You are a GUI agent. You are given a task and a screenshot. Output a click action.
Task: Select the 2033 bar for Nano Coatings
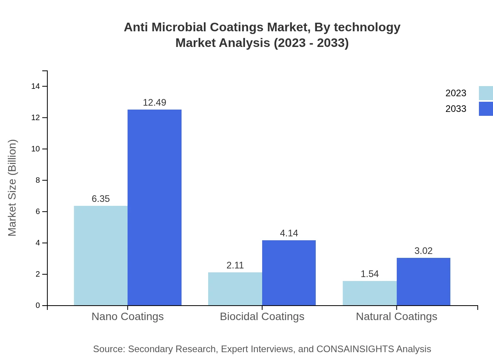[x=155, y=207]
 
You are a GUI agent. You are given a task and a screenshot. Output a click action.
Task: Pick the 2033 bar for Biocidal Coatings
[x=289, y=273]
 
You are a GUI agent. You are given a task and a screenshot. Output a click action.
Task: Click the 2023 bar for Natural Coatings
[x=369, y=293]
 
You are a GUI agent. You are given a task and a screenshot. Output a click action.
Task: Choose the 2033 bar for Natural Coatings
[x=423, y=282]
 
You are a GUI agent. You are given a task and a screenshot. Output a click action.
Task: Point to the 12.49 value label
[x=155, y=103]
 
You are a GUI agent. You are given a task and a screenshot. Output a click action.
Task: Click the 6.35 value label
[x=101, y=199]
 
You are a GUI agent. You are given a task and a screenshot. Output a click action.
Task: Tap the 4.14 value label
[x=289, y=233]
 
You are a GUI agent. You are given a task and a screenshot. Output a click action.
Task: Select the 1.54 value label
[x=369, y=274]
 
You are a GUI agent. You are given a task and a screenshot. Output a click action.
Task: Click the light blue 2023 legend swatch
[x=486, y=93]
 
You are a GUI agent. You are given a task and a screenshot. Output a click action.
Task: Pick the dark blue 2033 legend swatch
[x=486, y=109]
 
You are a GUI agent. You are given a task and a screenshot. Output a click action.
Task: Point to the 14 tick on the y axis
[x=36, y=86]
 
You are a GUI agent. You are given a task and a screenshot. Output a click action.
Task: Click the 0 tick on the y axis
[x=38, y=306]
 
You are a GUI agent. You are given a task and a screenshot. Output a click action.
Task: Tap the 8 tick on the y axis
[x=38, y=180]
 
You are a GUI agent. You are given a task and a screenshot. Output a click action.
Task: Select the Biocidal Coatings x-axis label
[x=262, y=316]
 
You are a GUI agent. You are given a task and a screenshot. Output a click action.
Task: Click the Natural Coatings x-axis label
[x=396, y=316]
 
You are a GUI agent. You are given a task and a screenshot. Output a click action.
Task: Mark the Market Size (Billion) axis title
[x=12, y=188]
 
